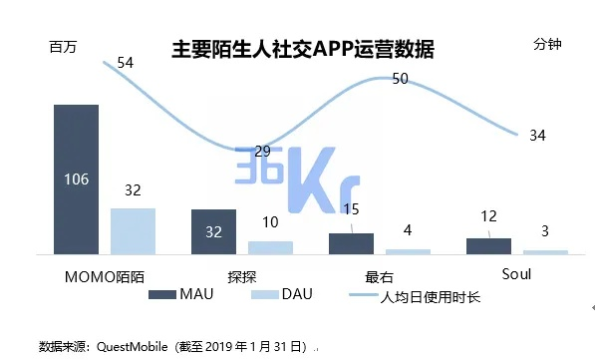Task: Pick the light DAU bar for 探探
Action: [x=270, y=247]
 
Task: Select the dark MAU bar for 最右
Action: [x=351, y=244]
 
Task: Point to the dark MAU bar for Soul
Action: [x=488, y=246]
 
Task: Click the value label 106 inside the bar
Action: [x=76, y=180]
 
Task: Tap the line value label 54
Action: [x=126, y=63]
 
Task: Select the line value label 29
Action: [x=262, y=152]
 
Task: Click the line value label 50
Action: [x=401, y=79]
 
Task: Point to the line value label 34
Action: [x=537, y=135]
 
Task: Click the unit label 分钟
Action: [x=548, y=46]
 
